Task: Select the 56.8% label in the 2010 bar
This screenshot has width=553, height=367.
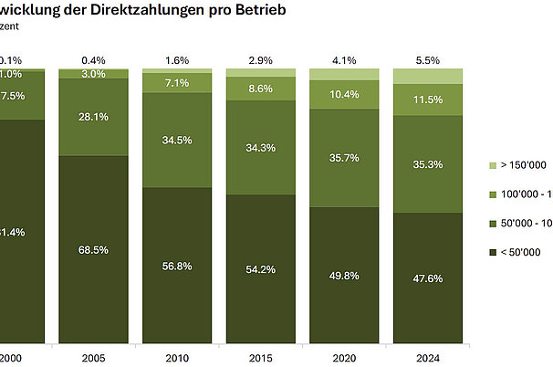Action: pyautogui.click(x=176, y=267)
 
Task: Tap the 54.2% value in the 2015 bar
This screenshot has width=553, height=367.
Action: pyautogui.click(x=260, y=270)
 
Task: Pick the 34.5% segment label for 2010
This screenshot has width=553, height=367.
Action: pyautogui.click(x=176, y=140)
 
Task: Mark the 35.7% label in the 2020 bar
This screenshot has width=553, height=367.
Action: pyautogui.click(x=343, y=158)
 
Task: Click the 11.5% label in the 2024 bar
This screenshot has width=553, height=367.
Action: pyautogui.click(x=427, y=98)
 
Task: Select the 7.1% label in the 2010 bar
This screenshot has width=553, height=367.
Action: pyautogui.click(x=176, y=82)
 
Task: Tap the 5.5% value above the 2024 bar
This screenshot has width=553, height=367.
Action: pyautogui.click(x=427, y=59)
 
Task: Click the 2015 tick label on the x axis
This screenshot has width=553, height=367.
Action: pyautogui.click(x=260, y=359)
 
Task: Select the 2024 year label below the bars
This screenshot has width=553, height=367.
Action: pyautogui.click(x=427, y=359)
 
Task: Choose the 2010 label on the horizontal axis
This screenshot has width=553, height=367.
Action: pyautogui.click(x=176, y=359)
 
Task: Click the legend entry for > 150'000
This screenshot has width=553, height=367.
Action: pyautogui.click(x=516, y=164)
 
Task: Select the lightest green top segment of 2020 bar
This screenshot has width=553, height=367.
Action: pyautogui.click(x=343, y=72)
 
